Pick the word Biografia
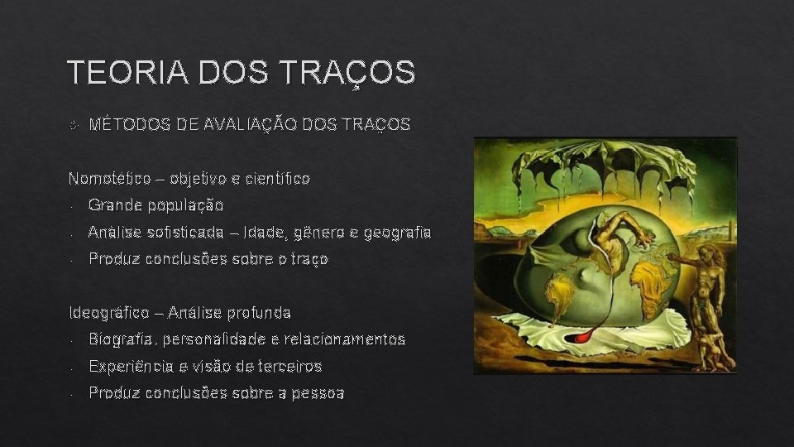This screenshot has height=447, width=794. pyautogui.click(x=122, y=339)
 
